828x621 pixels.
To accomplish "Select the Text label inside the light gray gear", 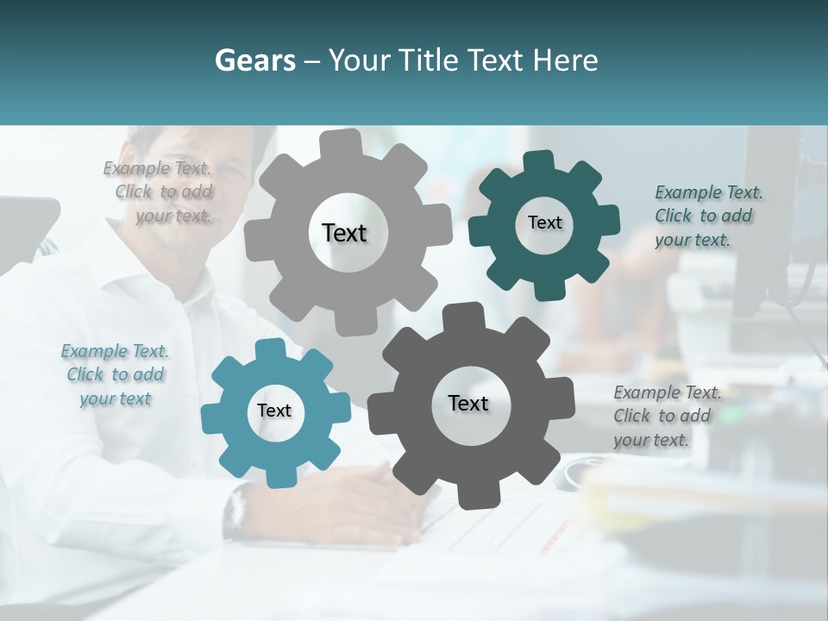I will (344, 233).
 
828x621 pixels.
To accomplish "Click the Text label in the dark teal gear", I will (544, 223).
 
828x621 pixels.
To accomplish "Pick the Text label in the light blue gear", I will (273, 411).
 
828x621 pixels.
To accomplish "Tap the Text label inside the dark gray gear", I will (468, 403).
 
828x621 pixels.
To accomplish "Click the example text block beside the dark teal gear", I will (707, 216).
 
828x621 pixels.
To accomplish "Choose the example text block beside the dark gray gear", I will (666, 416).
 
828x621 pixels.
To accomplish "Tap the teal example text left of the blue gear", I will (115, 374).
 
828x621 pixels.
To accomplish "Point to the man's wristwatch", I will (235, 511).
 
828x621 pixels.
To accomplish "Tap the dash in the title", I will (313, 60).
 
